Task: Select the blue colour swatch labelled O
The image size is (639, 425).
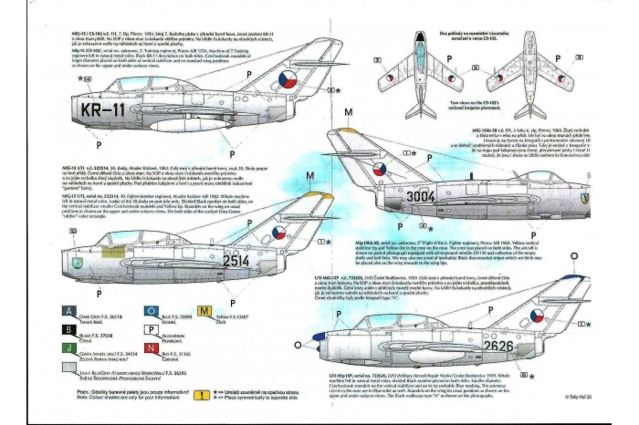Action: [151, 311]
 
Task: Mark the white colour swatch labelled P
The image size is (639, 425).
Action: [151, 332]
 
